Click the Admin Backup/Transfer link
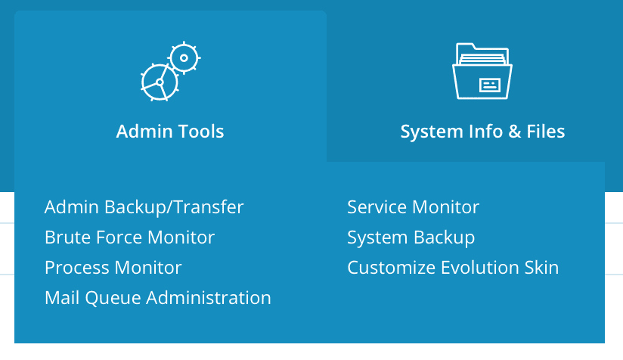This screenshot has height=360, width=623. tap(144, 207)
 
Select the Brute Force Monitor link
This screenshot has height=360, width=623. tap(129, 237)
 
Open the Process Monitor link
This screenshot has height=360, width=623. tap(113, 268)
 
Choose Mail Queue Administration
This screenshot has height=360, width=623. tap(157, 298)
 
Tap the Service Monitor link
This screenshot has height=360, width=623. tap(413, 207)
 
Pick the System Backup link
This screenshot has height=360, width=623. tap(411, 237)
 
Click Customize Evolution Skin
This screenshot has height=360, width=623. tap(452, 268)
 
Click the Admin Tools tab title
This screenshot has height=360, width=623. tap(170, 132)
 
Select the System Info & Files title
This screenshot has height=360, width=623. tap(482, 132)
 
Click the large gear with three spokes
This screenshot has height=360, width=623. tap(160, 82)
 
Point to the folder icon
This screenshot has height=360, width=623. tap(482, 71)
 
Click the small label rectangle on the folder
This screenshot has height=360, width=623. tap(489, 85)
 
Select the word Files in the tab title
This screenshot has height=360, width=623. tap(546, 132)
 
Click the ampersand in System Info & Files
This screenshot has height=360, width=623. tap(514, 132)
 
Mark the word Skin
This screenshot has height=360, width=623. tap(541, 268)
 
